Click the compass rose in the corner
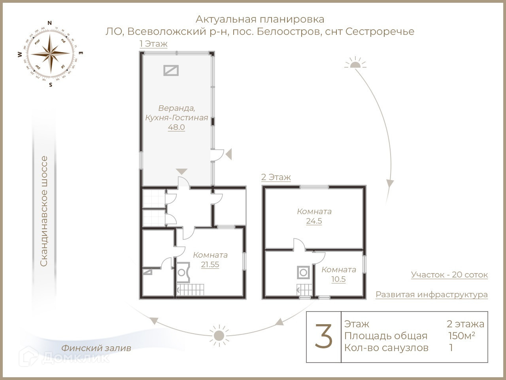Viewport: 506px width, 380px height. coord(51,53)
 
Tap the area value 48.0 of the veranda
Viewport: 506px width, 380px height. coord(176,127)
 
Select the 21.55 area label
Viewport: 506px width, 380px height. coord(210,265)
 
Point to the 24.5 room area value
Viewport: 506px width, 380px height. coord(314,221)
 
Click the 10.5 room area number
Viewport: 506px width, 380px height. coord(338,279)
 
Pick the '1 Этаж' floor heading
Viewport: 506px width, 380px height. coord(153,44)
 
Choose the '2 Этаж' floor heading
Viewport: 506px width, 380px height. coord(276,177)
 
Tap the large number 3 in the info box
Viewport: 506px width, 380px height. coord(324,336)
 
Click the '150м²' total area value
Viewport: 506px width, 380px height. coord(461,336)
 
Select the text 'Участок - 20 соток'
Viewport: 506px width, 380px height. coord(449,275)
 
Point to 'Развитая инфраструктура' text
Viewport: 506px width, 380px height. coord(431,294)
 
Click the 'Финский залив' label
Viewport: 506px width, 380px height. coord(96,348)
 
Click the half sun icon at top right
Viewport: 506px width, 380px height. coord(355,63)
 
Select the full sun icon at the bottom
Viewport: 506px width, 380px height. coord(219,335)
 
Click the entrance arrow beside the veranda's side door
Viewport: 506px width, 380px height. coord(228,154)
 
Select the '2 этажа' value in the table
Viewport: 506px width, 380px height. coord(465,324)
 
